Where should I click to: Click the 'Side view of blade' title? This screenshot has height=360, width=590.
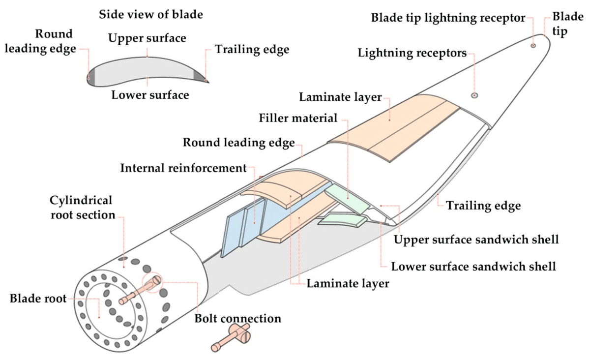click(150, 14)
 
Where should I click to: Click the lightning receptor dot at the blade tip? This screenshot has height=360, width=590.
click(533, 46)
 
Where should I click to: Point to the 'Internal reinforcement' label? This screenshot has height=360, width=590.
click(183, 168)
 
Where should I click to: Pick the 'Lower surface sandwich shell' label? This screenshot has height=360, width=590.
click(473, 267)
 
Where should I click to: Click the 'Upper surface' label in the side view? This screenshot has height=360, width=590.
click(147, 38)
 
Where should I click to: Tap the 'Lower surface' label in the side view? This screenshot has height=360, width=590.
click(150, 95)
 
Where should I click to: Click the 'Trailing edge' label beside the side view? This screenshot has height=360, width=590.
click(252, 50)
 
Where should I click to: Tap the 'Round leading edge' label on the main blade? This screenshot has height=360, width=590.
click(238, 143)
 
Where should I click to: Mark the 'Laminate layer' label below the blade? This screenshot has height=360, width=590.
click(347, 283)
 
